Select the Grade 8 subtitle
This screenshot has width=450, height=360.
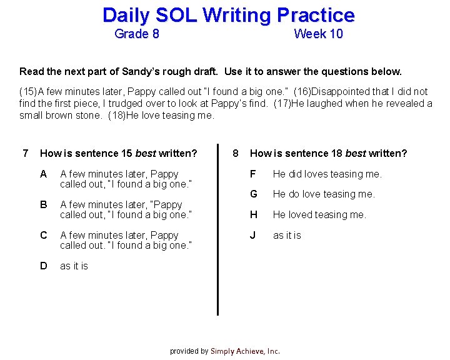(x=137, y=34)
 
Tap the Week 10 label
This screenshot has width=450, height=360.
(x=318, y=34)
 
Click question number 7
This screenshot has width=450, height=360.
(x=25, y=153)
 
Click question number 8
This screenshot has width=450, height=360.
(x=235, y=153)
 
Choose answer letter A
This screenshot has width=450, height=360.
(x=43, y=174)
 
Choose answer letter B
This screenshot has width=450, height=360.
(x=43, y=204)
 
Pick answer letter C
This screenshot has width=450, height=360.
(x=43, y=235)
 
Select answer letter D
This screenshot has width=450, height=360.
(x=43, y=266)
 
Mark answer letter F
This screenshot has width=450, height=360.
(x=253, y=174)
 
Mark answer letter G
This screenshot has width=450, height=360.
(x=254, y=194)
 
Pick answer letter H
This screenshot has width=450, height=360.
(x=254, y=214)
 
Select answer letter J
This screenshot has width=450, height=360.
(x=253, y=235)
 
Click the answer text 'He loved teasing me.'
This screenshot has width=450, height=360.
(x=319, y=214)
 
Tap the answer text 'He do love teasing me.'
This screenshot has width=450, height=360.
(x=324, y=194)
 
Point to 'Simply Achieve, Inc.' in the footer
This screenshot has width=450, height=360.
(x=245, y=351)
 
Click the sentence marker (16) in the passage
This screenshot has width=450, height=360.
(x=301, y=92)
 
